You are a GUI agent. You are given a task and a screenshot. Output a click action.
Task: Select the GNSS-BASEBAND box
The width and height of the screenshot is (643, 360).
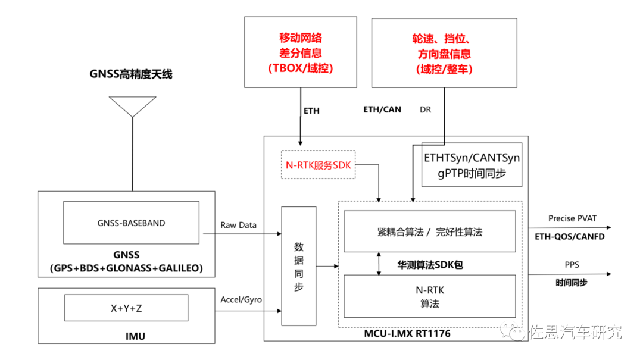click(x=131, y=224)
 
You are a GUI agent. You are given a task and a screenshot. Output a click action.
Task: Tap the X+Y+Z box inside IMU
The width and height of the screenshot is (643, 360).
click(x=126, y=308)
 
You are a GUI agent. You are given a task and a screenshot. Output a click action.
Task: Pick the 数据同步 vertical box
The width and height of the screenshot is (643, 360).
click(x=298, y=266)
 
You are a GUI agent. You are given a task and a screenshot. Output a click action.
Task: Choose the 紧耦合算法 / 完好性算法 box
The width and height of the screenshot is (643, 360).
click(x=430, y=231)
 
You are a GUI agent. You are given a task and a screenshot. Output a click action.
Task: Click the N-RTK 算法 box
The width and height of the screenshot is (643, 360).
click(x=430, y=296)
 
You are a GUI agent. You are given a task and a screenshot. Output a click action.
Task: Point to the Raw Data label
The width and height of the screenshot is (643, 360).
click(x=238, y=225)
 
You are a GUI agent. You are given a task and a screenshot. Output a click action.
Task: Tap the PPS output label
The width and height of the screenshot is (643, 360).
click(x=571, y=264)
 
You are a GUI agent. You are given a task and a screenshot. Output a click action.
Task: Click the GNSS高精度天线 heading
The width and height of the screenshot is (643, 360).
click(x=131, y=74)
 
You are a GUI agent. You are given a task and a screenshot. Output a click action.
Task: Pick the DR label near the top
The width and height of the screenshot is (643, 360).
click(x=425, y=109)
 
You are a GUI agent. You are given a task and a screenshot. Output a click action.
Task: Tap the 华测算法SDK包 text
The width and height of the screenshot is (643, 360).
click(x=430, y=264)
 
